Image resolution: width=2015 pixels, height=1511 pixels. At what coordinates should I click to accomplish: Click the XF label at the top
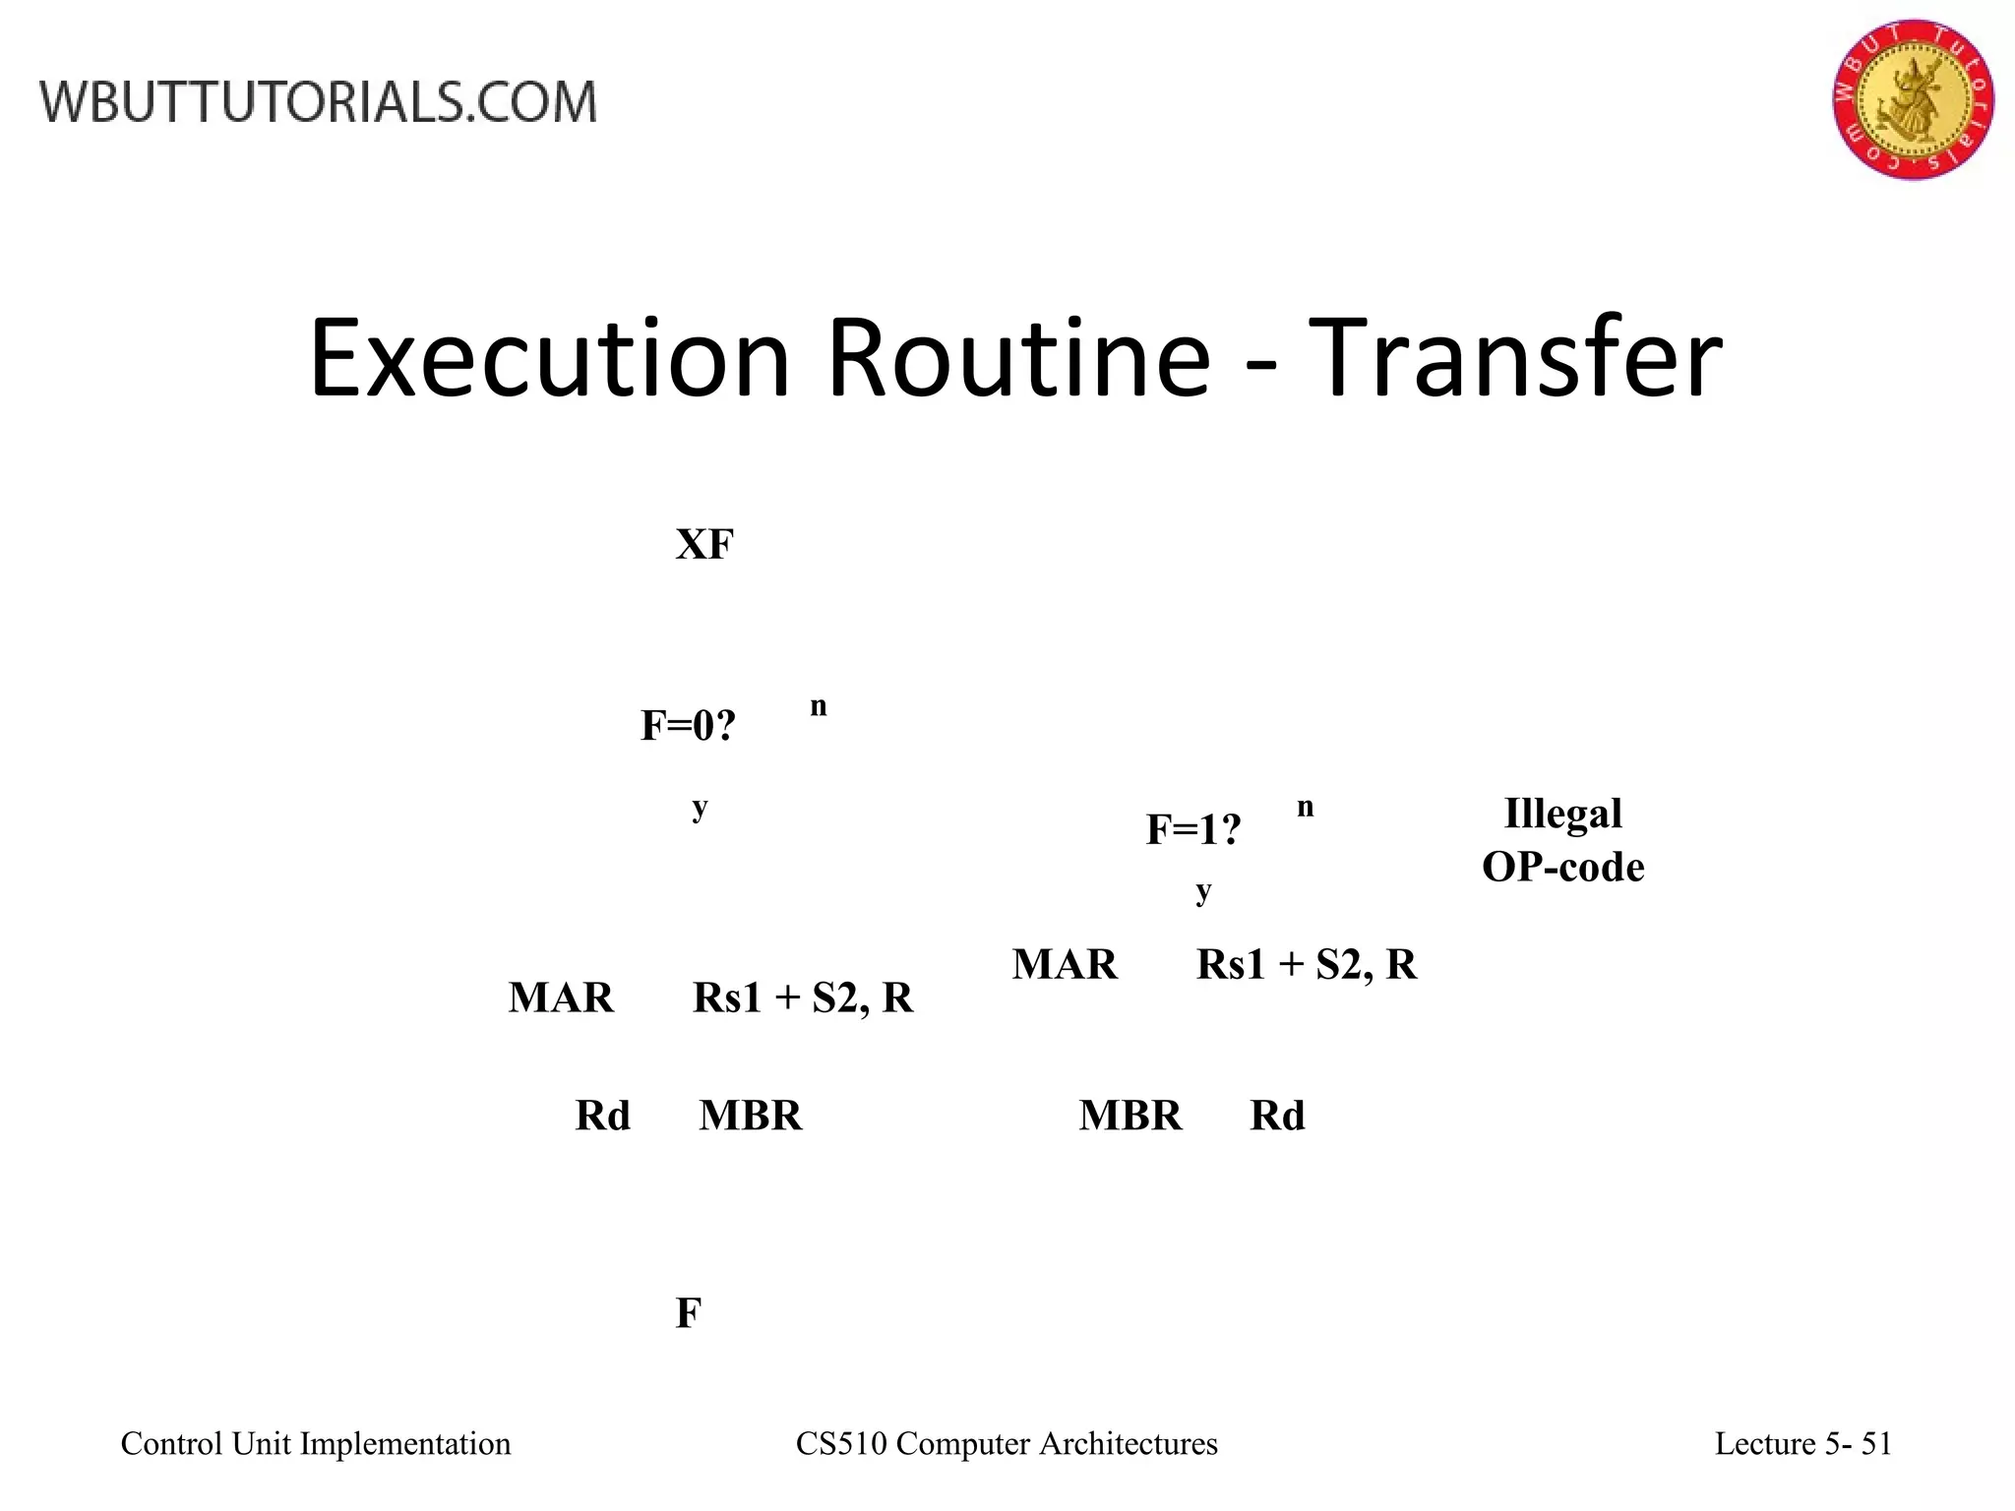pyautogui.click(x=704, y=544)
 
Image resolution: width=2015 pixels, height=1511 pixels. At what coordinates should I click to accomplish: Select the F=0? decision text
pyautogui.click(x=688, y=726)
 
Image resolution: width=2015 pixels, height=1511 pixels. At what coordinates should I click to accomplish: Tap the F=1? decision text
pyautogui.click(x=1193, y=830)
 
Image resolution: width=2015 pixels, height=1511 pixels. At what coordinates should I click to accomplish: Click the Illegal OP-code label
pyautogui.click(x=1562, y=840)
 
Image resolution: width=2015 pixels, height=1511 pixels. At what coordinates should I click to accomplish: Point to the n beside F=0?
pyautogui.click(x=819, y=706)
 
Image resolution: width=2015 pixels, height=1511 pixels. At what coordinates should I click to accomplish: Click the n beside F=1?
pyautogui.click(x=1306, y=808)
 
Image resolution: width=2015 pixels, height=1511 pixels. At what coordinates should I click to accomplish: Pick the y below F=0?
pyautogui.click(x=700, y=809)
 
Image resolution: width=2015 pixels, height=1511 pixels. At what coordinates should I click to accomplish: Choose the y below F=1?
pyautogui.click(x=1203, y=891)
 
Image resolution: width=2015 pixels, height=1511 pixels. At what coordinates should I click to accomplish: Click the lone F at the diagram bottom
pyautogui.click(x=688, y=1313)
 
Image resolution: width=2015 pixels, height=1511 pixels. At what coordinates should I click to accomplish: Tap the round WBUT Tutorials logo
pyautogui.click(x=1913, y=99)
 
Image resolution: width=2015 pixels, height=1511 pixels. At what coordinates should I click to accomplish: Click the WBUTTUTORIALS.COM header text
pyautogui.click(x=319, y=102)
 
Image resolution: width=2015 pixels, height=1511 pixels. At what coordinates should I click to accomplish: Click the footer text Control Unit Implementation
pyautogui.click(x=316, y=1443)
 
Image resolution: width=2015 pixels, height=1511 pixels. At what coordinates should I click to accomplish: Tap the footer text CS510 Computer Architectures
pyautogui.click(x=1007, y=1443)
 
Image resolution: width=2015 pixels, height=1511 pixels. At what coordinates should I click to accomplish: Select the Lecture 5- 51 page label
pyautogui.click(x=1803, y=1443)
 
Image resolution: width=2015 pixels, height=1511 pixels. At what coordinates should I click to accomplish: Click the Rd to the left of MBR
pyautogui.click(x=602, y=1116)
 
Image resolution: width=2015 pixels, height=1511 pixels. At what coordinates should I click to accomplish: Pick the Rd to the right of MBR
pyautogui.click(x=1277, y=1116)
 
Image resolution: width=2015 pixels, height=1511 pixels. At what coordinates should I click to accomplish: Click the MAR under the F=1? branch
pyautogui.click(x=1065, y=964)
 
